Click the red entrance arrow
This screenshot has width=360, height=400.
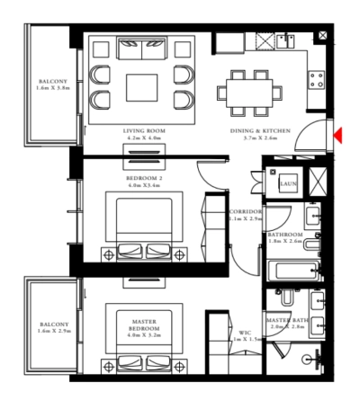point(337,136)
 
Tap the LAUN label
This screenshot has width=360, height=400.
point(288,183)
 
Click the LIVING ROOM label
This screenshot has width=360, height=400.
point(144,131)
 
